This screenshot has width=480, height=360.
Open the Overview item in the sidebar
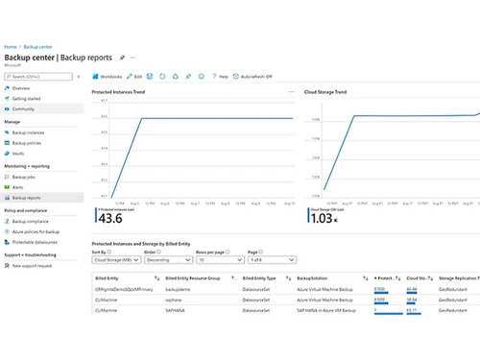(21, 88)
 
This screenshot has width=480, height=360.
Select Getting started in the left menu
(27, 99)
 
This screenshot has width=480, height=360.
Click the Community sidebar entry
(24, 109)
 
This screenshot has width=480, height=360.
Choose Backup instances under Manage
(29, 132)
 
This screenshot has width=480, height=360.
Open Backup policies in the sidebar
(28, 143)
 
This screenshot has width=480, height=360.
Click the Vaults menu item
(19, 154)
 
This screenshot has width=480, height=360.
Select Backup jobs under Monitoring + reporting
(25, 177)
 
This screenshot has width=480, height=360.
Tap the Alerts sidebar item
(18, 187)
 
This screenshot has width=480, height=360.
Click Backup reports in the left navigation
(28, 198)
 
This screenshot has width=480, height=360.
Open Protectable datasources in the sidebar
(36, 242)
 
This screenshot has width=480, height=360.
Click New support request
(33, 265)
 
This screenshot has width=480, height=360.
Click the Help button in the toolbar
(221, 75)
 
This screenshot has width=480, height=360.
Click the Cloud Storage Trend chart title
(325, 92)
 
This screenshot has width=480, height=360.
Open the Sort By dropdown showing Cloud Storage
(115, 259)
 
